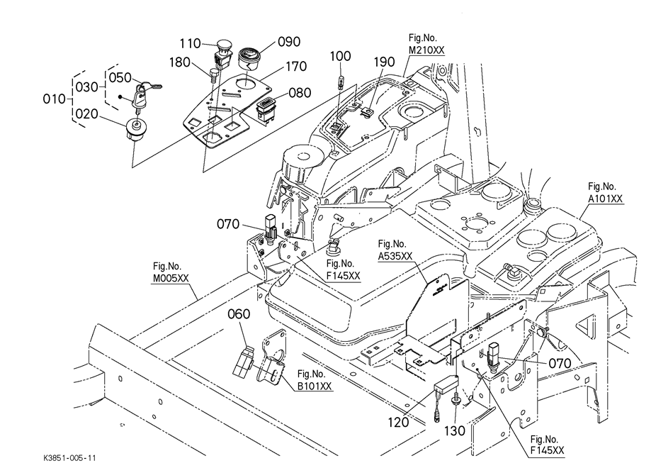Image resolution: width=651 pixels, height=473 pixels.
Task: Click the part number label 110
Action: pos(190,44)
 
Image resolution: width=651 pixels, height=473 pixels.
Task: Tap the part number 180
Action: pos(180,62)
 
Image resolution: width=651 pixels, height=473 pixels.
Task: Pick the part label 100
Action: pos(341,56)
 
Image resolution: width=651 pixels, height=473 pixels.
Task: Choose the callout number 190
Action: pos(384,62)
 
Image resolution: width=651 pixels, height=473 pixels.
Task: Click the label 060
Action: pos(240,313)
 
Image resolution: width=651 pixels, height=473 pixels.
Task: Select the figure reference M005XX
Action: pos(171,279)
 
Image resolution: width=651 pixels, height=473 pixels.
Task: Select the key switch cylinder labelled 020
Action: pos(135,130)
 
